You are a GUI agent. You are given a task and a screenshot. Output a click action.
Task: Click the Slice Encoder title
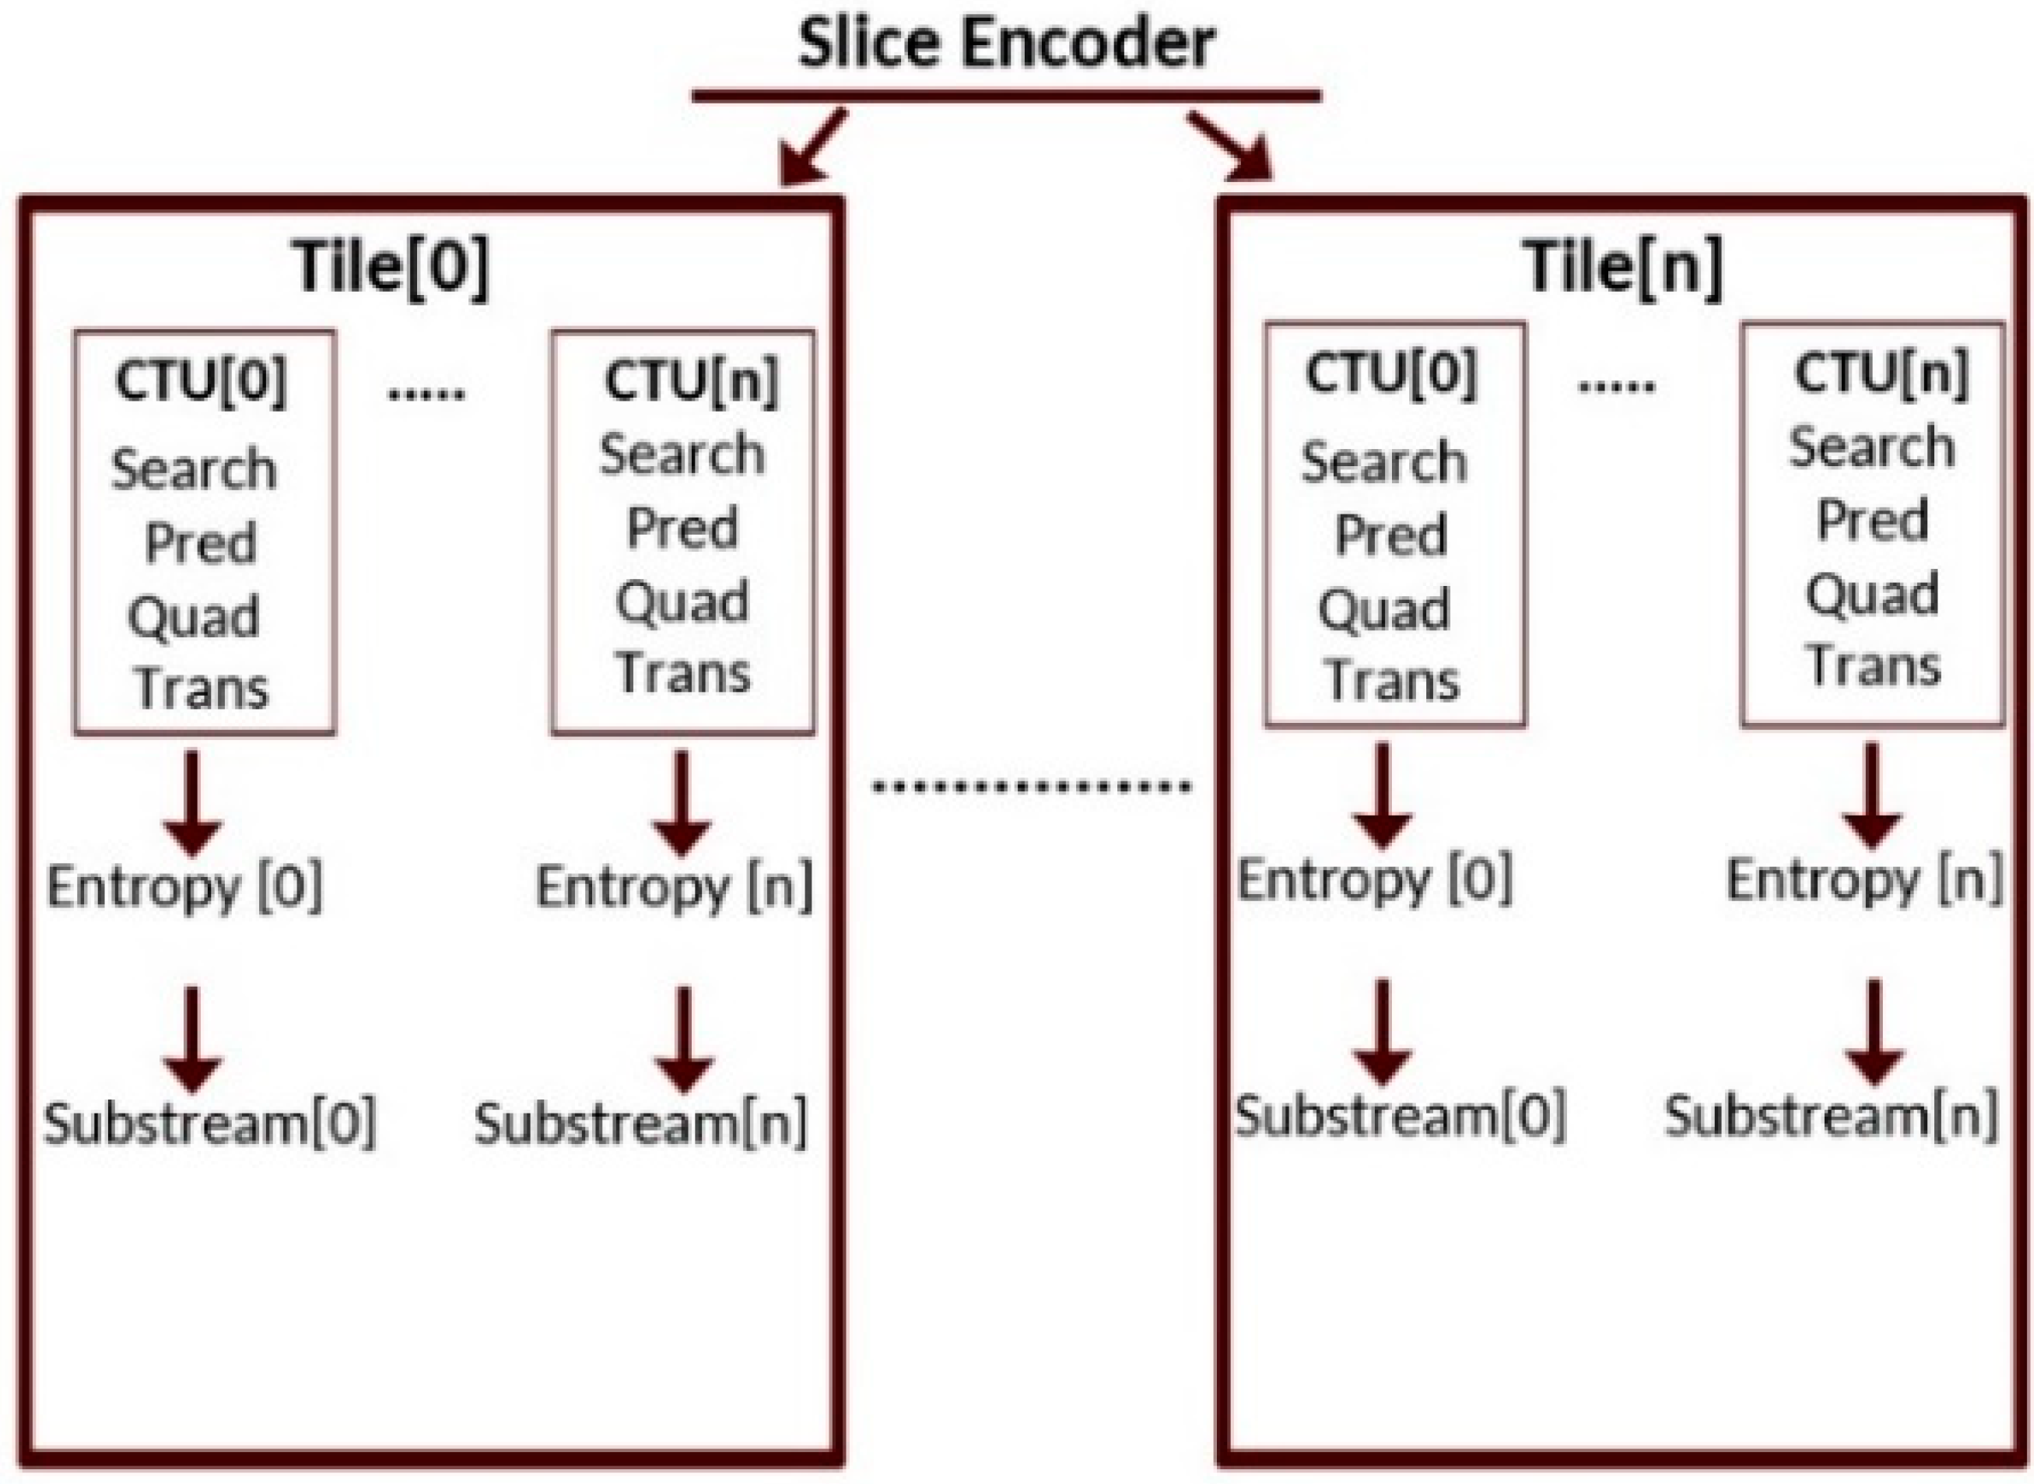click(1006, 44)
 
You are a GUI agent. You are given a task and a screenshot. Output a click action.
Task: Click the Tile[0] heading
click(391, 266)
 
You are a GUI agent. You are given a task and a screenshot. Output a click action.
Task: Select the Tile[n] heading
click(1622, 266)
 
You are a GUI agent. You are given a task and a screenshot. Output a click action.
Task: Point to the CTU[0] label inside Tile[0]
click(201, 381)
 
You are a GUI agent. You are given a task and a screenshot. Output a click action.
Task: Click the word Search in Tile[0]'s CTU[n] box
click(682, 454)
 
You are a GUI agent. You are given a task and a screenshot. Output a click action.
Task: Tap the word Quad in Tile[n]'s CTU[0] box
click(1384, 609)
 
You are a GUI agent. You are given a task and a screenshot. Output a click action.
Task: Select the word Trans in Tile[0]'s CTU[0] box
click(202, 689)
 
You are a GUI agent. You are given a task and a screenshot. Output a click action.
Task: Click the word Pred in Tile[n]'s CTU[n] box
click(1873, 520)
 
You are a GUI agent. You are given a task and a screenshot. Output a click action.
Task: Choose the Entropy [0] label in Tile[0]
click(184, 887)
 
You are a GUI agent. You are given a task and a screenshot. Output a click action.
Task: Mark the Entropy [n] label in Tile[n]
click(1863, 880)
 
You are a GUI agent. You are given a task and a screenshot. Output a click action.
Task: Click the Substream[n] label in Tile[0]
click(641, 1124)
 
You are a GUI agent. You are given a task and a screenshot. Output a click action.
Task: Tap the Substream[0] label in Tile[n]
click(1400, 1116)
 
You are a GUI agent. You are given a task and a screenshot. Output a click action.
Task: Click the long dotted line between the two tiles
click(1032, 787)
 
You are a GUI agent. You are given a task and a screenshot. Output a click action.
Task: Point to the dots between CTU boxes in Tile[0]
click(426, 393)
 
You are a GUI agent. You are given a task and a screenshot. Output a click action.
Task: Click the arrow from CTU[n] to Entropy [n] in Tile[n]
click(1872, 795)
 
